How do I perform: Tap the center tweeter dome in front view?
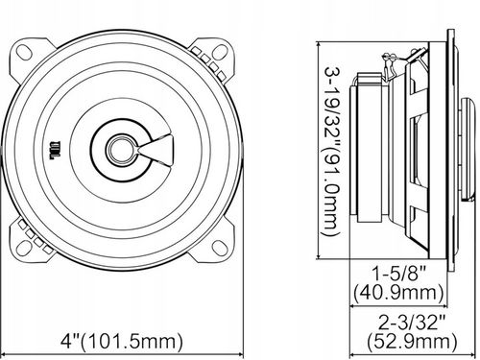pos(121,148)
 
